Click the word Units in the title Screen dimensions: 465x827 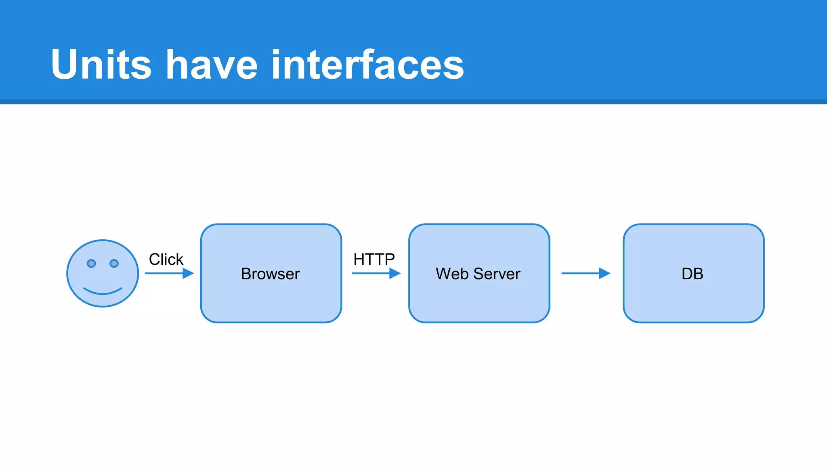101,65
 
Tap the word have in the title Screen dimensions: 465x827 212,65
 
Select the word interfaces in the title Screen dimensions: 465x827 367,65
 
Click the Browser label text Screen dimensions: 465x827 270,274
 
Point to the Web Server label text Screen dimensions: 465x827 478,274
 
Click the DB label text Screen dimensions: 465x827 692,274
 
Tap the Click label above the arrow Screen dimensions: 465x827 166,259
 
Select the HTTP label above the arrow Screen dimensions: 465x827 374,259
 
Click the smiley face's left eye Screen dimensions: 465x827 91,264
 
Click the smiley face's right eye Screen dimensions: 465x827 114,264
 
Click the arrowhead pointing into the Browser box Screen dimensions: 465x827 188,273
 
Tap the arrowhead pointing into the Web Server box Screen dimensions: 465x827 395,273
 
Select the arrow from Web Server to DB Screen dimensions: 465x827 581,273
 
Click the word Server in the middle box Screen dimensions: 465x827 497,274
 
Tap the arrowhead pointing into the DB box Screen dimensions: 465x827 605,273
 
